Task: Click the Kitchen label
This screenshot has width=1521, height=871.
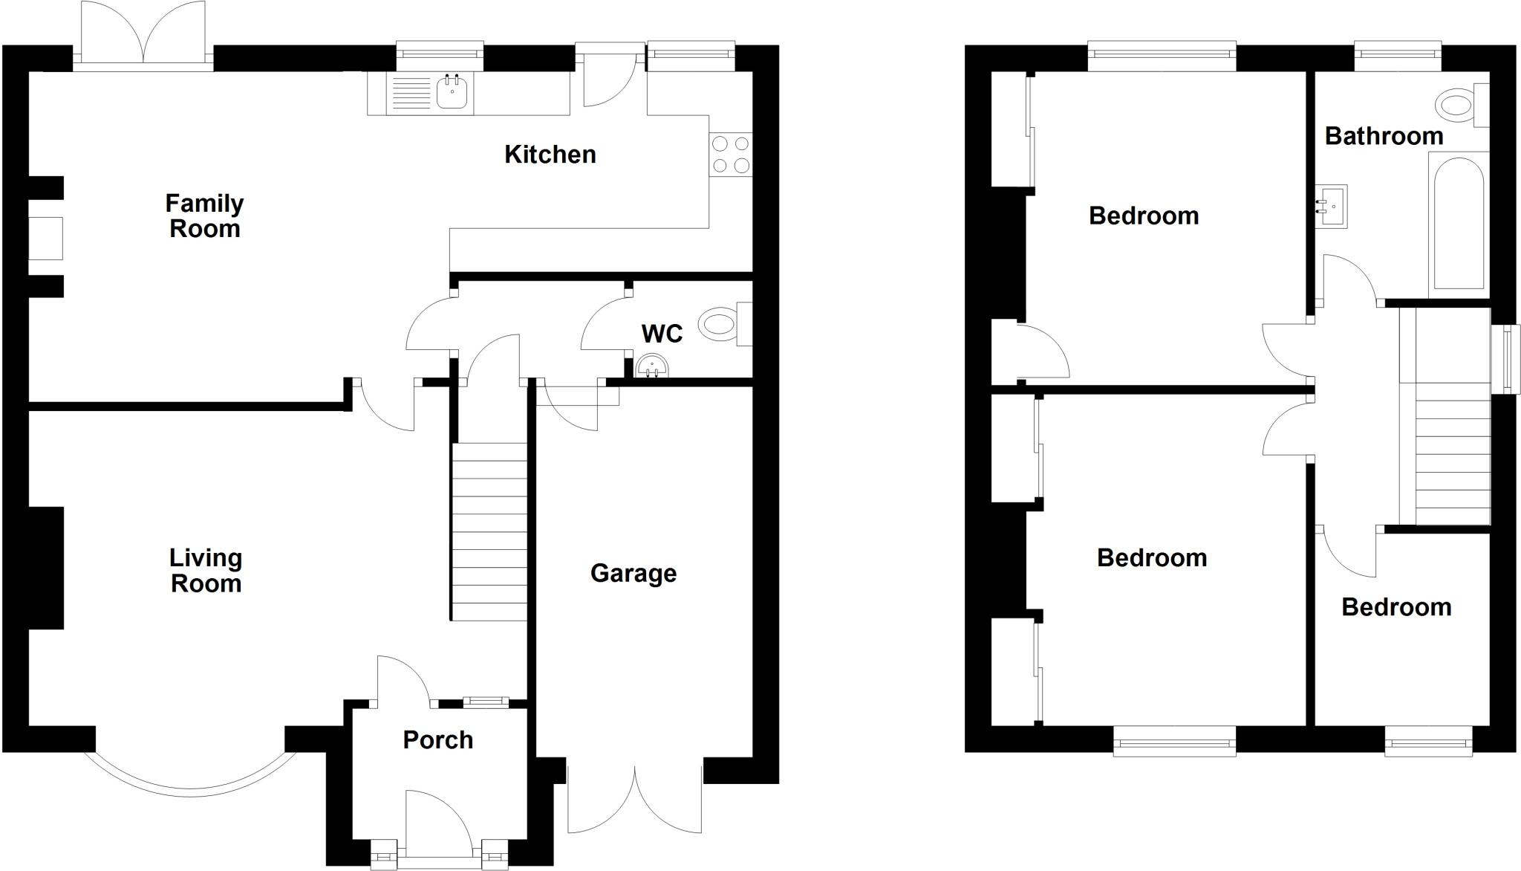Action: pyautogui.click(x=550, y=155)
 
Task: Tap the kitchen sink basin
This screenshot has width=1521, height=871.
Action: pyautogui.click(x=452, y=93)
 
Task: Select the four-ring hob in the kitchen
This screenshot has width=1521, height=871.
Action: pyautogui.click(x=731, y=155)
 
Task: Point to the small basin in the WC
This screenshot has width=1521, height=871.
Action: pyautogui.click(x=653, y=366)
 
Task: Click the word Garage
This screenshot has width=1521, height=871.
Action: pyautogui.click(x=633, y=573)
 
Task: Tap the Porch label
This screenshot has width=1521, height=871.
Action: pyautogui.click(x=437, y=739)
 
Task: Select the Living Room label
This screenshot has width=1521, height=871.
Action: pyautogui.click(x=206, y=570)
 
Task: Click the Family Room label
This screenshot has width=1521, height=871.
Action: pyautogui.click(x=204, y=216)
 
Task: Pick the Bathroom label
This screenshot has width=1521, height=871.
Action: pyautogui.click(x=1384, y=136)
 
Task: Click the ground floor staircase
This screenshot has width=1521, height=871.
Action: pyautogui.click(x=489, y=531)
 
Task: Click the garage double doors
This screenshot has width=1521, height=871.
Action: pyautogui.click(x=635, y=803)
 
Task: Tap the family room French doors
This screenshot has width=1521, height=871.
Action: pyautogui.click(x=143, y=37)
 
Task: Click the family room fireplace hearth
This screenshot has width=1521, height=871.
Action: pyautogui.click(x=45, y=238)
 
